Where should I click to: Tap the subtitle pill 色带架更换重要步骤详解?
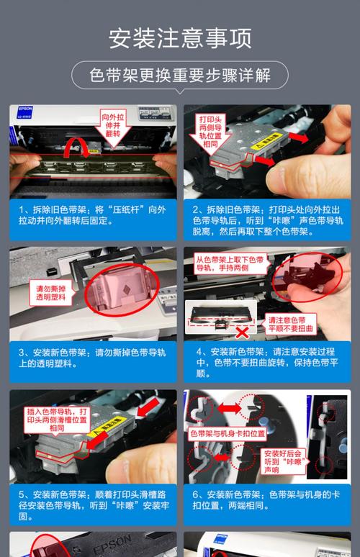180,75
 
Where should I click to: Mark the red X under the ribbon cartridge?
243,332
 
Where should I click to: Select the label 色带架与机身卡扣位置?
228,434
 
